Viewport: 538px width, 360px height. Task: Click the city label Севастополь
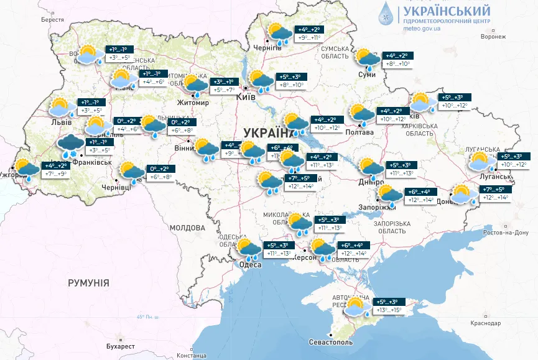(x=330, y=343)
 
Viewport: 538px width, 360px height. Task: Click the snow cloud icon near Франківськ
(x=70, y=145)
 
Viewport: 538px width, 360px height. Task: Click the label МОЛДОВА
(x=187, y=228)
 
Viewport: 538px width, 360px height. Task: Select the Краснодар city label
(x=486, y=324)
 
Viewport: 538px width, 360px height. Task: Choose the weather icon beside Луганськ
(x=481, y=162)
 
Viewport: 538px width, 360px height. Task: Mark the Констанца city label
(x=191, y=355)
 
